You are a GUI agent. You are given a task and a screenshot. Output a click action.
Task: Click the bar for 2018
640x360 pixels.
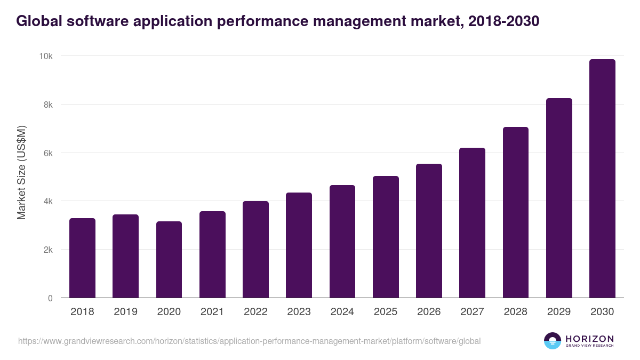tap(82, 258)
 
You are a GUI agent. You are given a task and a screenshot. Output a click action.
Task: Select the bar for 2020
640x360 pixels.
tap(169, 260)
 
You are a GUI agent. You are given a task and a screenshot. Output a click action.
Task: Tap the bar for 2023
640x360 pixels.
tap(299, 245)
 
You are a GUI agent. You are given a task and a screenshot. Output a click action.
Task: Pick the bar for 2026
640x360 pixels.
tap(429, 231)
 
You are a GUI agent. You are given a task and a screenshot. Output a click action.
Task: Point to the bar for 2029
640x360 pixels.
tap(559, 198)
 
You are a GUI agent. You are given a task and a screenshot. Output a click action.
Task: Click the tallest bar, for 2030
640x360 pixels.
tap(602, 179)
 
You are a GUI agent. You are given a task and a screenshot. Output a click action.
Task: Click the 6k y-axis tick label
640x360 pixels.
tap(48, 153)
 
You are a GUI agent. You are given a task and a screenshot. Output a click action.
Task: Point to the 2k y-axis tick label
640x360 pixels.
tap(48, 250)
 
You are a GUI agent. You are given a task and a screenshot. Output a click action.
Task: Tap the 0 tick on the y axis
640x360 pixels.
tap(50, 298)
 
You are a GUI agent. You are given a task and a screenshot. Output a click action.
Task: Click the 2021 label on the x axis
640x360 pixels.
tap(212, 312)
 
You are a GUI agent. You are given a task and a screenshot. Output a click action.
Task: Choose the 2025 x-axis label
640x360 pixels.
tap(386, 312)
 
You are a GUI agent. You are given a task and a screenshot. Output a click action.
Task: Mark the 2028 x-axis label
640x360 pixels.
tap(516, 312)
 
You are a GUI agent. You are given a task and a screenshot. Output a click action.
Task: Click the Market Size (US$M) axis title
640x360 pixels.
tap(21, 172)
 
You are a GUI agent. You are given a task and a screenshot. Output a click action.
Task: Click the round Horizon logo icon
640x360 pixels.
tap(553, 341)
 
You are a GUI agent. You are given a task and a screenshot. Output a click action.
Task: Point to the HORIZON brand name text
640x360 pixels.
tap(589, 338)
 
